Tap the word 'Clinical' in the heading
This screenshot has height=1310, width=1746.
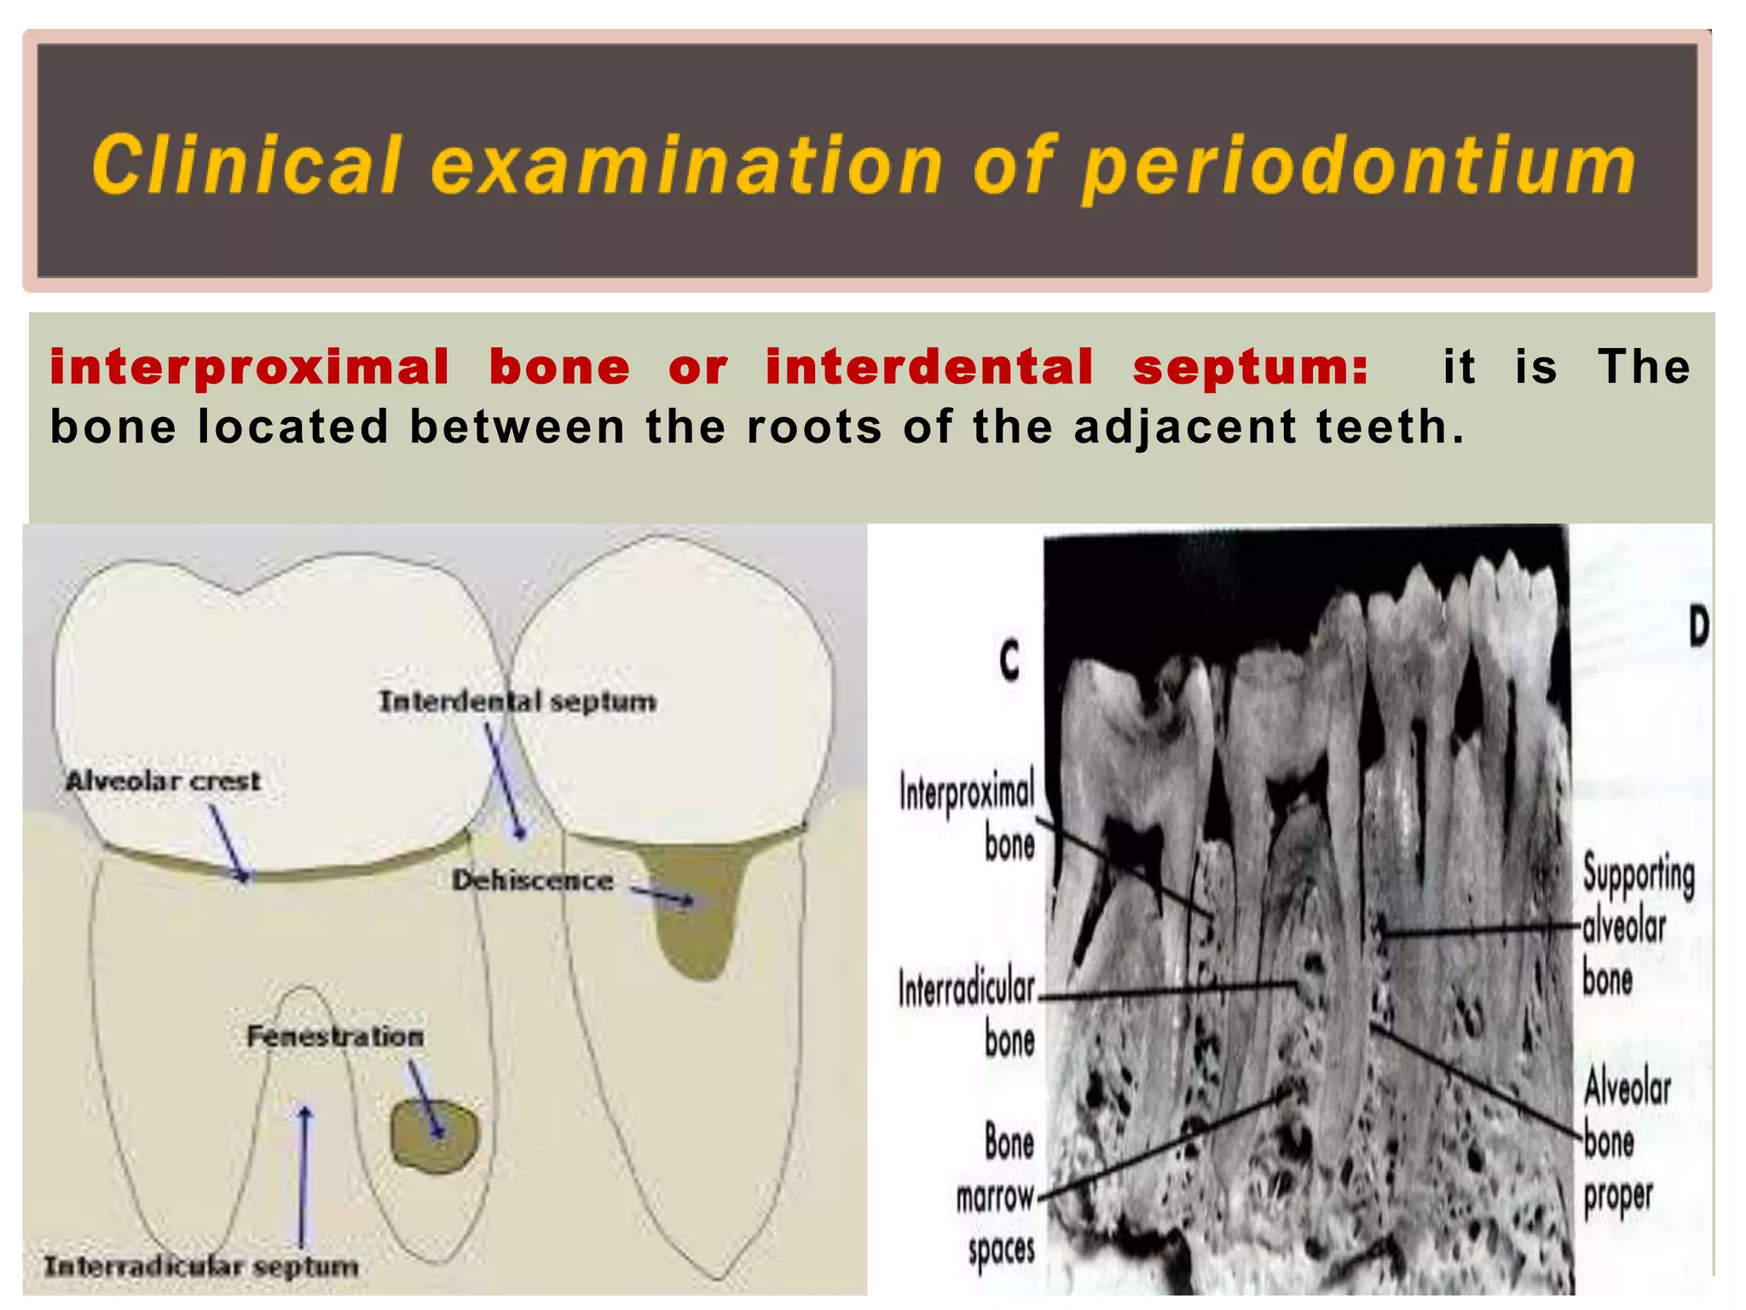point(246,164)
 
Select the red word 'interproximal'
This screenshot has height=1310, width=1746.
point(249,368)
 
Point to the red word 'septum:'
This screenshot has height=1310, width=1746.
point(1250,368)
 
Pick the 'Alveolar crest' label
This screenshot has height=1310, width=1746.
point(164,780)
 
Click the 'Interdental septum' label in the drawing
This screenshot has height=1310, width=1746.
point(517,701)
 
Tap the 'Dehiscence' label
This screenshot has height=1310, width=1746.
point(532,879)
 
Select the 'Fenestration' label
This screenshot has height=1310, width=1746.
point(335,1035)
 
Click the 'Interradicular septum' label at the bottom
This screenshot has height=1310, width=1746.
point(201,1266)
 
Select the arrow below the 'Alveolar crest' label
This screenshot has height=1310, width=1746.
point(229,843)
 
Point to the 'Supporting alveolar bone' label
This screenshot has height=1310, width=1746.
point(1636,926)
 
